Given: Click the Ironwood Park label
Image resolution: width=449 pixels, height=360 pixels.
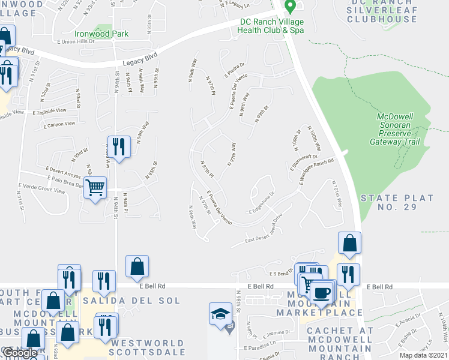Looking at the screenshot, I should click(x=102, y=34).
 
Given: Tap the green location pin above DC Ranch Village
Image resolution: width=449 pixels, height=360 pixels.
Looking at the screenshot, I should click(x=289, y=7).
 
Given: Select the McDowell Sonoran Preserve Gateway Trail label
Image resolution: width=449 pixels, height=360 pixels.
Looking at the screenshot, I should click(x=400, y=129).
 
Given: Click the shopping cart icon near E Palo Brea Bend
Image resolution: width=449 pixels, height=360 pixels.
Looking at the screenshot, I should click(x=95, y=188).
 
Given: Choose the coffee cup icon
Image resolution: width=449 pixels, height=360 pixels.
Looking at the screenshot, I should click(x=322, y=293).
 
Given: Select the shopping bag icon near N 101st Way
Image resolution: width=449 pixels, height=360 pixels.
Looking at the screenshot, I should click(x=349, y=243).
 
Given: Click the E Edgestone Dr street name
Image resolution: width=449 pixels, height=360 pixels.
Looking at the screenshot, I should click(x=261, y=203).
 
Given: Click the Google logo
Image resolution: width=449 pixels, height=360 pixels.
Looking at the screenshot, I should click(x=20, y=353).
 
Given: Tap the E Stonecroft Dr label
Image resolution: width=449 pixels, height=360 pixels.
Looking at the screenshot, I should click(x=306, y=163).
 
